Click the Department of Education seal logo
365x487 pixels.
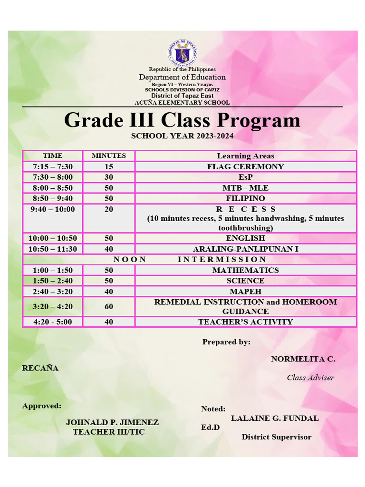[182, 53]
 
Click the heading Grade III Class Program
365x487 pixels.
[182, 120]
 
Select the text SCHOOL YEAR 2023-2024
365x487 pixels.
[182, 136]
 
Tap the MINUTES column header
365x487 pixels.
[109, 156]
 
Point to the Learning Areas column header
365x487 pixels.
[245, 156]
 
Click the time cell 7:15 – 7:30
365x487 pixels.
[53, 166]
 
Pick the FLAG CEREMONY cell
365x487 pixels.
[245, 166]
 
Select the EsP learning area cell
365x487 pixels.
[245, 177]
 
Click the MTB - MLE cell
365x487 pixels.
[245, 188]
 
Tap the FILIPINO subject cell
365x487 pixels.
[245, 198]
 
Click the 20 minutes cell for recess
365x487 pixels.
[109, 209]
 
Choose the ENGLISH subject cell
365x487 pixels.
[245, 238]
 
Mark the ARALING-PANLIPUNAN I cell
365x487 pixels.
[245, 249]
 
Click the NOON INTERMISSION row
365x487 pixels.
[189, 259]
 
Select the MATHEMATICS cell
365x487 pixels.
[245, 270]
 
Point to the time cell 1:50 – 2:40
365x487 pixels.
[53, 281]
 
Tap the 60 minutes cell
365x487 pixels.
[109, 307]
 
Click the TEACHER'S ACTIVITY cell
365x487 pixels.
[245, 322]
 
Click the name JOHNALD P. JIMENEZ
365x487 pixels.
[112, 422]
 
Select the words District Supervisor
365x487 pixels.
[276, 437]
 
